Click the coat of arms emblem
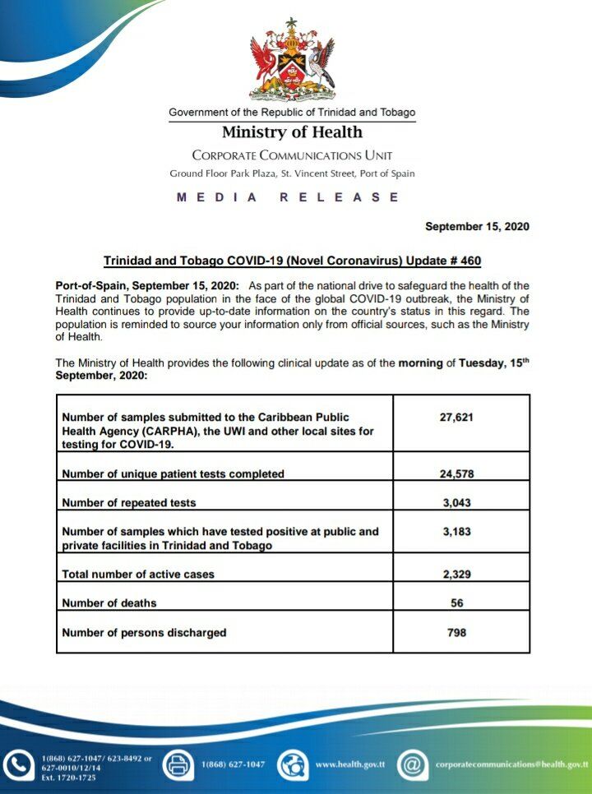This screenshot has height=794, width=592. coord(292,60)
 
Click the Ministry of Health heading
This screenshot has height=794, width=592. coord(292,132)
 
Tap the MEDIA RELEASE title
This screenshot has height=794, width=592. coord(288,197)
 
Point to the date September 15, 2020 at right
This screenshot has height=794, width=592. coord(477,226)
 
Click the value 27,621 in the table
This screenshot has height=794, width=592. coord(457,417)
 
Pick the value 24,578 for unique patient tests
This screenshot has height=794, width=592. coord(457,473)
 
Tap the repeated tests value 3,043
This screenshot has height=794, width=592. coord(457,502)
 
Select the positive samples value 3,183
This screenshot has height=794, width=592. coord(457,532)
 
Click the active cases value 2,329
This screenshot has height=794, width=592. coord(457,574)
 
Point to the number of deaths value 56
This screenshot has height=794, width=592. coord(457,602)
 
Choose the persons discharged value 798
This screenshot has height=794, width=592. coord(457,632)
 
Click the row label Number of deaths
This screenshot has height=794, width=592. coord(109,602)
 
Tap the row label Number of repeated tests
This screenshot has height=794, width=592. coord(129,502)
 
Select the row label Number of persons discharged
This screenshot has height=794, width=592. coord(144,632)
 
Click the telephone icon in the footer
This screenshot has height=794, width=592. coord(17,764)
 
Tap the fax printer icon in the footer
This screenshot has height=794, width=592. coord(178,764)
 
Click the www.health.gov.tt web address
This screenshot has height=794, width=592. coord(350,764)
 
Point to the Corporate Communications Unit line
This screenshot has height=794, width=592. coord(292,155)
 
